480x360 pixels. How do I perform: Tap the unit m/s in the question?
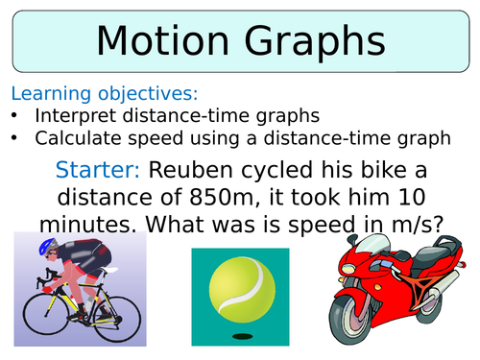[x=416, y=226]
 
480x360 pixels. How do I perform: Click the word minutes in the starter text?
[x=93, y=226]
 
